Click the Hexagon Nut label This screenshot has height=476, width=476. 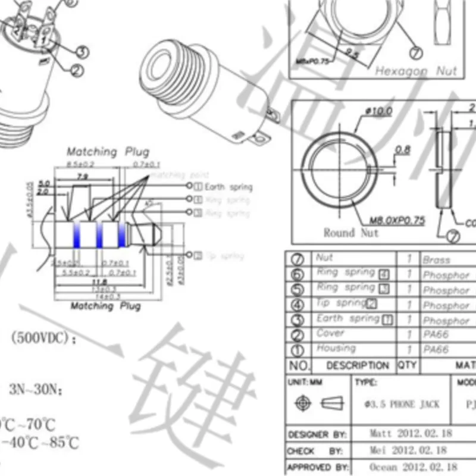[x=416, y=71]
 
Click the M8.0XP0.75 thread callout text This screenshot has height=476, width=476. [x=398, y=220]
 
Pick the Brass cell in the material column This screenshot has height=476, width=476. [x=437, y=260]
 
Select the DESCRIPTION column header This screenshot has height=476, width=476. [x=358, y=365]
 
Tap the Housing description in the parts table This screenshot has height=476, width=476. [x=336, y=348]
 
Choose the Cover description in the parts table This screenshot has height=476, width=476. [x=330, y=333]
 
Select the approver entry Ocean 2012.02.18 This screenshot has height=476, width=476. [x=413, y=467]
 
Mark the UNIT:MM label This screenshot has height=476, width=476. [x=305, y=382]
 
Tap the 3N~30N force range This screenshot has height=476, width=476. [x=36, y=390]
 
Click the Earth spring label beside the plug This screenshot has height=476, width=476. [x=228, y=187]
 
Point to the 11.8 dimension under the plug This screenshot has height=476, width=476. [x=99, y=281]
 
